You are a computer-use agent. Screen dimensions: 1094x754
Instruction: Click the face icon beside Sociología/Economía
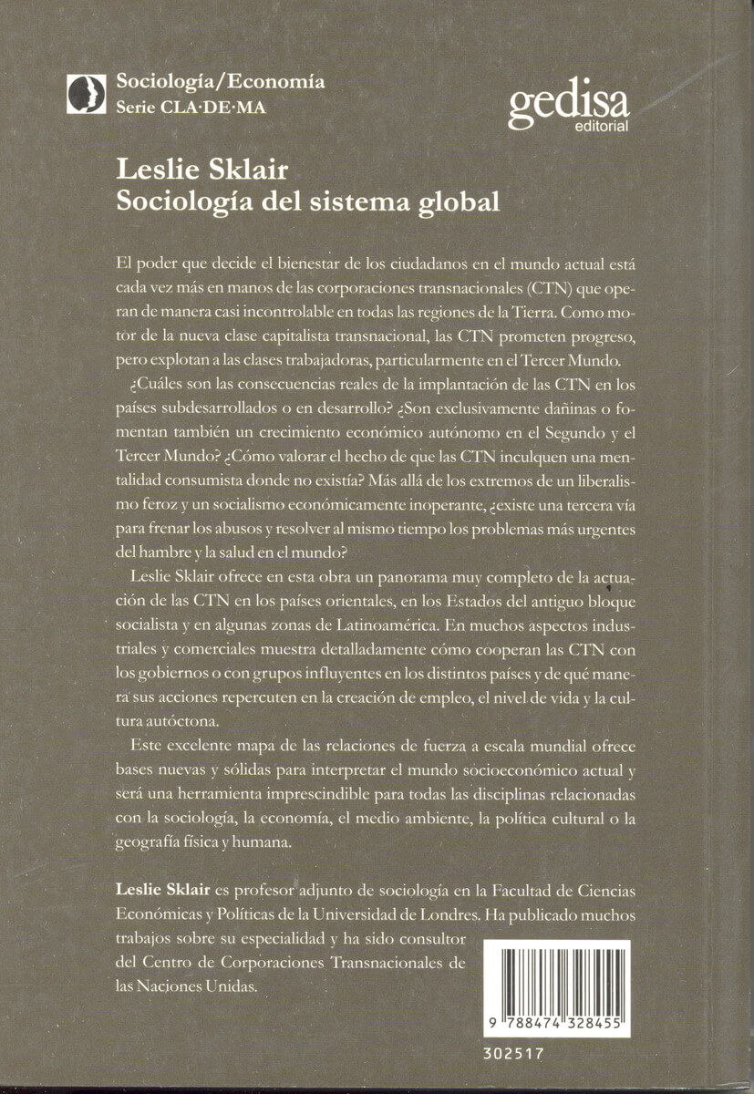point(87,92)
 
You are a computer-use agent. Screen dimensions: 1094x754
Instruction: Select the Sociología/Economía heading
point(220,81)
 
